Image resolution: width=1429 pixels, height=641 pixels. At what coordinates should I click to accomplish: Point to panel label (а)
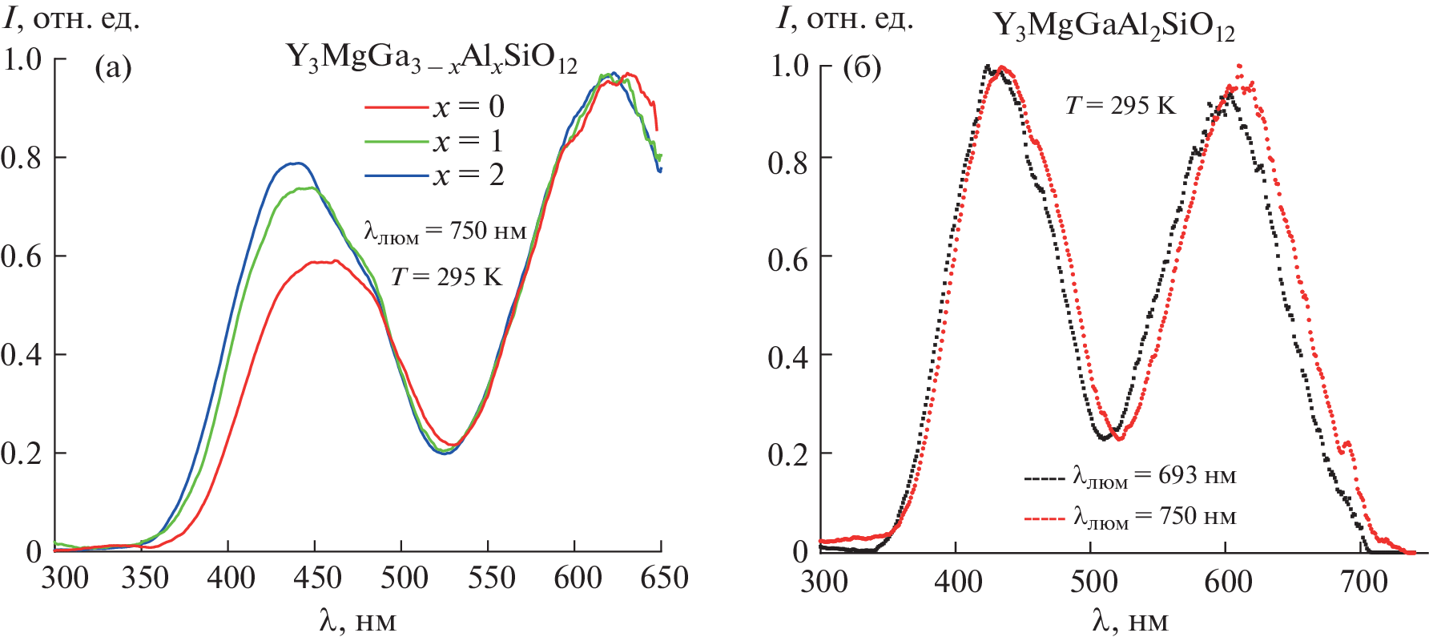click(113, 67)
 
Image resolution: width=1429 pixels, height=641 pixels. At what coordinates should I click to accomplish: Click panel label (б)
click(862, 67)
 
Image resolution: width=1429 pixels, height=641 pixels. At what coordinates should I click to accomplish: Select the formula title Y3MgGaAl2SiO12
click(1113, 26)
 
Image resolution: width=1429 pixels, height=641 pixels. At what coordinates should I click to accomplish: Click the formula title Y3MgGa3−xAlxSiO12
click(431, 58)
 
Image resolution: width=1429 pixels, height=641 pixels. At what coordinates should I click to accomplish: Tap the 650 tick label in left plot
click(664, 578)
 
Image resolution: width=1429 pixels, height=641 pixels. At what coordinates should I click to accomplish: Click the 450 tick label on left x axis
click(317, 578)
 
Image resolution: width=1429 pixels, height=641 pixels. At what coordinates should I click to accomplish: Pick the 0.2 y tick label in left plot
click(22, 454)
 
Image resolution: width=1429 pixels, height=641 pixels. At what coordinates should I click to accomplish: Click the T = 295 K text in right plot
click(1120, 106)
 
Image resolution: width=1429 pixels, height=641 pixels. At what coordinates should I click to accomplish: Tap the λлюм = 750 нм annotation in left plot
click(445, 232)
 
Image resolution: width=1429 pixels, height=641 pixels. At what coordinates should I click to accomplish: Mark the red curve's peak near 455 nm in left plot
click(324, 261)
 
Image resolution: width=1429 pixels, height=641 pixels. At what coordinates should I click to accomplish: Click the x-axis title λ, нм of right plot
click(1129, 621)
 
